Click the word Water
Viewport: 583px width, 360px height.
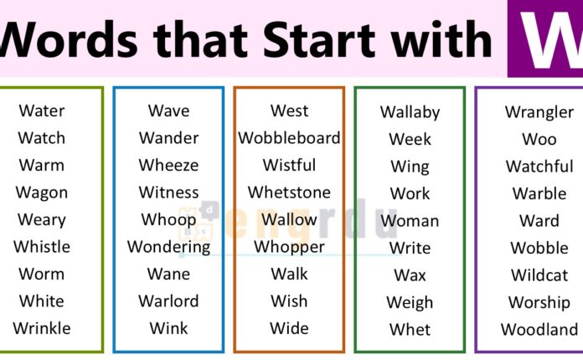click(x=41, y=111)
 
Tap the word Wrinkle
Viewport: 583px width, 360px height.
click(x=41, y=328)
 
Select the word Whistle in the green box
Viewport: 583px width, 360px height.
click(x=41, y=247)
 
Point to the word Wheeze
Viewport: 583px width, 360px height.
click(x=168, y=165)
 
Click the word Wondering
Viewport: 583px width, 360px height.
click(x=168, y=247)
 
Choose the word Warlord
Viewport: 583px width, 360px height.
click(x=168, y=301)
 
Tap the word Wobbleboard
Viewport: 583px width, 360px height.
click(x=289, y=138)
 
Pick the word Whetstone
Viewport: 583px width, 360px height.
click(x=289, y=193)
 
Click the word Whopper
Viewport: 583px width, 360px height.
click(x=289, y=247)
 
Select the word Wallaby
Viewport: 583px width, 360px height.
click(x=410, y=112)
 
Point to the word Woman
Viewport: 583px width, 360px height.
click(x=410, y=221)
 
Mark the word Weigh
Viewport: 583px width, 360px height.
click(x=410, y=302)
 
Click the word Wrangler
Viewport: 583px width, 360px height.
click(x=539, y=112)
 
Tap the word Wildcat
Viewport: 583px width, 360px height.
click(x=539, y=275)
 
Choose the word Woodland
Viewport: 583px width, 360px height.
click(x=539, y=330)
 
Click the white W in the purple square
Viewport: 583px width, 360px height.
click(x=544, y=38)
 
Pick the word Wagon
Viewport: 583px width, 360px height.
click(x=41, y=193)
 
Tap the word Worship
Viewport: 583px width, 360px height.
click(x=539, y=302)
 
